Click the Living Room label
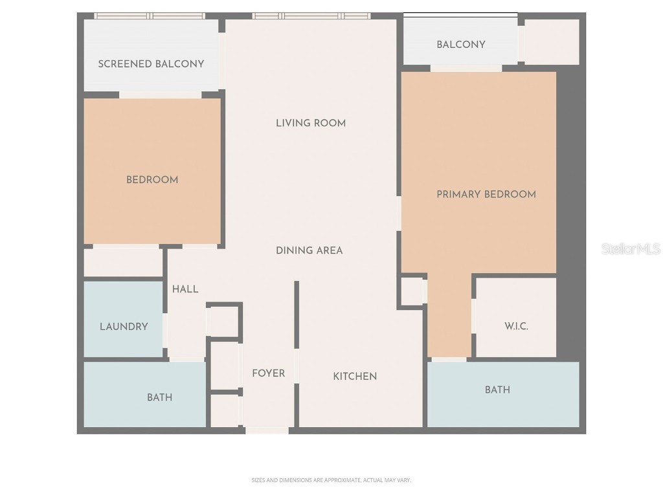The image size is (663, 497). (311, 123)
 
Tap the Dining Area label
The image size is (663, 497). (309, 250)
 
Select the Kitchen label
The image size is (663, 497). (355, 376)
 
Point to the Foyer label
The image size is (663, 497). (268, 373)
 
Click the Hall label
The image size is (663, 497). (185, 289)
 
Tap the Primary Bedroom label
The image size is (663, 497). (486, 194)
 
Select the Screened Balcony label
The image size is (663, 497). (151, 63)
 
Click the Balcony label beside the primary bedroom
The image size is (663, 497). (460, 45)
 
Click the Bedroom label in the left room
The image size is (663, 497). (152, 180)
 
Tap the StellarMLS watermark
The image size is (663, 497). (630, 249)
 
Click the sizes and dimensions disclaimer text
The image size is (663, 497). (331, 480)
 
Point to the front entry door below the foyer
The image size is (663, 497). (267, 430)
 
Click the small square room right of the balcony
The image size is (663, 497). (551, 42)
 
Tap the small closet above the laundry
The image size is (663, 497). (123, 262)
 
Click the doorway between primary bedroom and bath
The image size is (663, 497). (449, 359)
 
